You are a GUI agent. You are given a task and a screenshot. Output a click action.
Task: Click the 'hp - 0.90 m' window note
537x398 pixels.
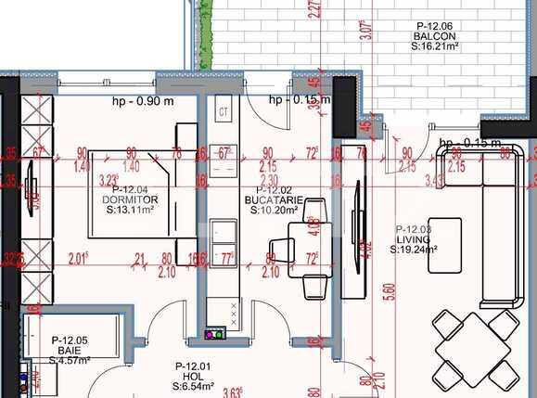click(x=143, y=100)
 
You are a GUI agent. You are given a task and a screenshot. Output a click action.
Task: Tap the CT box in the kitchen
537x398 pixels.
click(x=223, y=112)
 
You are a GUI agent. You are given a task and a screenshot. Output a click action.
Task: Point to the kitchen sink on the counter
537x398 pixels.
click(x=223, y=231)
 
